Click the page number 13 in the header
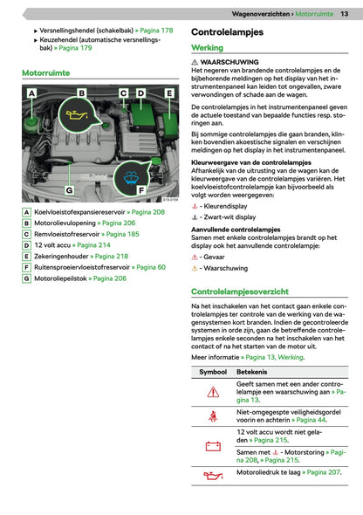coord(345,14)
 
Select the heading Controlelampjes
coord(227,32)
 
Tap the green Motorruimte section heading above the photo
coord(46,73)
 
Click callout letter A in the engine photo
coord(31,93)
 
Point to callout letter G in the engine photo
coord(69,190)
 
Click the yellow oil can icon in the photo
coord(77,115)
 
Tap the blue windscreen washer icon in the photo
coord(131,178)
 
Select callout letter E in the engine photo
coord(169,93)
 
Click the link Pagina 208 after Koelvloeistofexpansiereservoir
coord(148,212)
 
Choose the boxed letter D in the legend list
coord(26,245)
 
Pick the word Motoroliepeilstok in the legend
coord(60,278)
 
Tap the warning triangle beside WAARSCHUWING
coord(195,62)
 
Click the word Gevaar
coord(214,257)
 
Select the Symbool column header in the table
coord(213,372)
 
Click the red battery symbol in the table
coord(213,446)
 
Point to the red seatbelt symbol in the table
coord(213,416)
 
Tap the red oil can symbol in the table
coord(213,475)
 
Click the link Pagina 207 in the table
coord(324,472)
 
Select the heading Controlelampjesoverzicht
coord(240,292)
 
